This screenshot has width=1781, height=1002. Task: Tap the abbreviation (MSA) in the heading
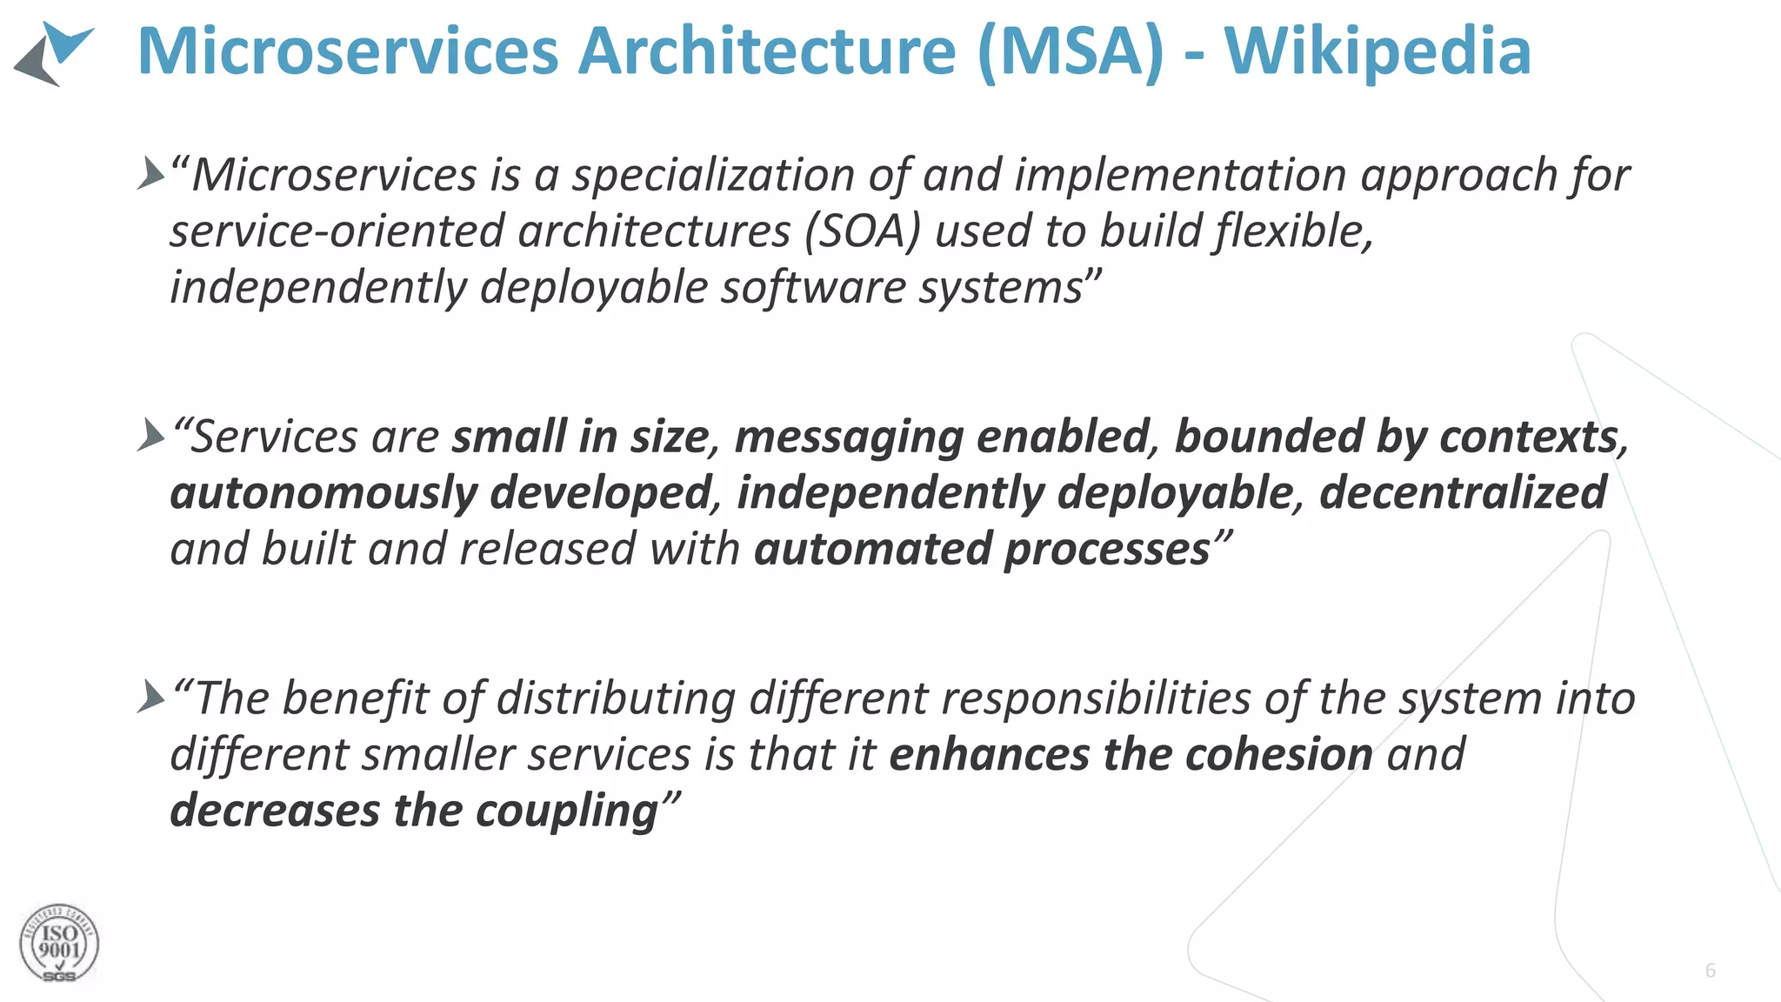(x=1070, y=52)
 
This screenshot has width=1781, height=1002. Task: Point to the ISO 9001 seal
(x=59, y=944)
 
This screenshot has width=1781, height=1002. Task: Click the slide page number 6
(x=1711, y=971)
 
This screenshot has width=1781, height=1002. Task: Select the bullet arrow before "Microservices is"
(x=150, y=174)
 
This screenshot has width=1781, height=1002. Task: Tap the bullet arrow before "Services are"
(x=150, y=435)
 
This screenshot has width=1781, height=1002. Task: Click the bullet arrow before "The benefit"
(x=150, y=697)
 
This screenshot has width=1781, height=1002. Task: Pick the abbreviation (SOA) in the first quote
(x=862, y=231)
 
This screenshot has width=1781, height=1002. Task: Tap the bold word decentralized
(x=1463, y=492)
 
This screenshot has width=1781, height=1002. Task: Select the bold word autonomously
(x=323, y=494)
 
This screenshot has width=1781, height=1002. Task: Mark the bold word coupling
(x=566, y=812)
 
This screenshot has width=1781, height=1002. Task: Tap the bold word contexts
(x=1530, y=437)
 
